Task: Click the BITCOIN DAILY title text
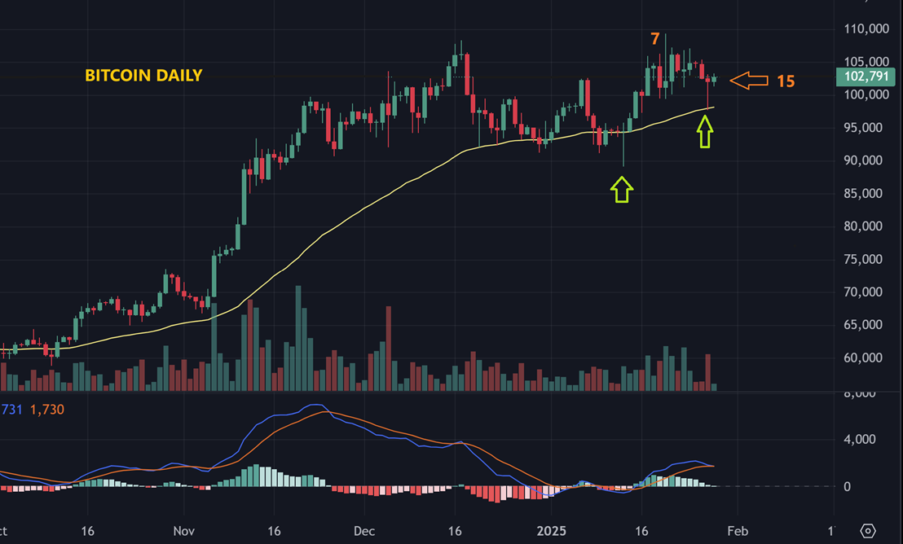click(x=143, y=76)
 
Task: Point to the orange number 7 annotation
click(x=654, y=39)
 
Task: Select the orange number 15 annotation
click(x=785, y=81)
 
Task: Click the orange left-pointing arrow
click(x=749, y=80)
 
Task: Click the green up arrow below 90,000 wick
click(x=622, y=189)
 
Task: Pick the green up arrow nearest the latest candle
click(x=705, y=131)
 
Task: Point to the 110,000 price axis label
click(x=866, y=29)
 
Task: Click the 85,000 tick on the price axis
click(x=866, y=194)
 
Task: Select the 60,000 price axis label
click(x=866, y=358)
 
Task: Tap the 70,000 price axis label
click(x=866, y=292)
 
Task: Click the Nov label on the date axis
click(x=185, y=531)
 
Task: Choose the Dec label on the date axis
click(x=364, y=531)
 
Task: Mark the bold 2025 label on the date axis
click(x=552, y=531)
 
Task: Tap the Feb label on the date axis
click(x=736, y=531)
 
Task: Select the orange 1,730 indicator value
click(x=46, y=410)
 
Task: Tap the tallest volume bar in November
click(x=299, y=338)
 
